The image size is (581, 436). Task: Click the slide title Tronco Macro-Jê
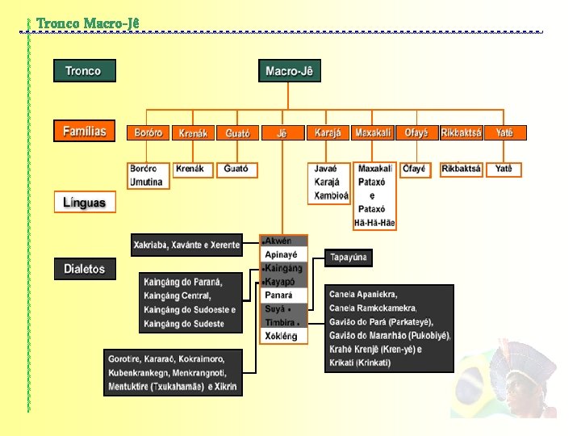pos(88,23)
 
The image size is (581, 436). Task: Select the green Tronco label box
pos(84,71)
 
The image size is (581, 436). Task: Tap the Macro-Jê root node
pos(289,71)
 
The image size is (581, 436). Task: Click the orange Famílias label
pos(85,131)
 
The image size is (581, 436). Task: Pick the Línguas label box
pos(85,202)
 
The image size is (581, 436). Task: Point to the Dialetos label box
pos(85,269)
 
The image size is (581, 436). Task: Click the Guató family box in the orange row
pos(237,132)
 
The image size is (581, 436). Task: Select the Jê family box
pos(282,132)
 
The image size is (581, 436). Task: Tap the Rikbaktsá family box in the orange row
pos(461,132)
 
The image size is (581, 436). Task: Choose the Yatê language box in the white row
pos(504,169)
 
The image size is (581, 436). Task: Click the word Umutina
pos(147,182)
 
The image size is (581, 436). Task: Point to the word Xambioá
pos(331,195)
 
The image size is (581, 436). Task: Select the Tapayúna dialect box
pos(349,258)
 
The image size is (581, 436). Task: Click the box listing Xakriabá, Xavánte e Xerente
pos(186,245)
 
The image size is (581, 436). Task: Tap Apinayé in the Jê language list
pos(281,254)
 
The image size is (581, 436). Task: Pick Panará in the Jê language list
pos(279,296)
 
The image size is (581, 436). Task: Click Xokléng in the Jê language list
pos(281,336)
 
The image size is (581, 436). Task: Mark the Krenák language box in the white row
pos(191,169)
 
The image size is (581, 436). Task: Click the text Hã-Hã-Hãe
pos(374,223)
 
